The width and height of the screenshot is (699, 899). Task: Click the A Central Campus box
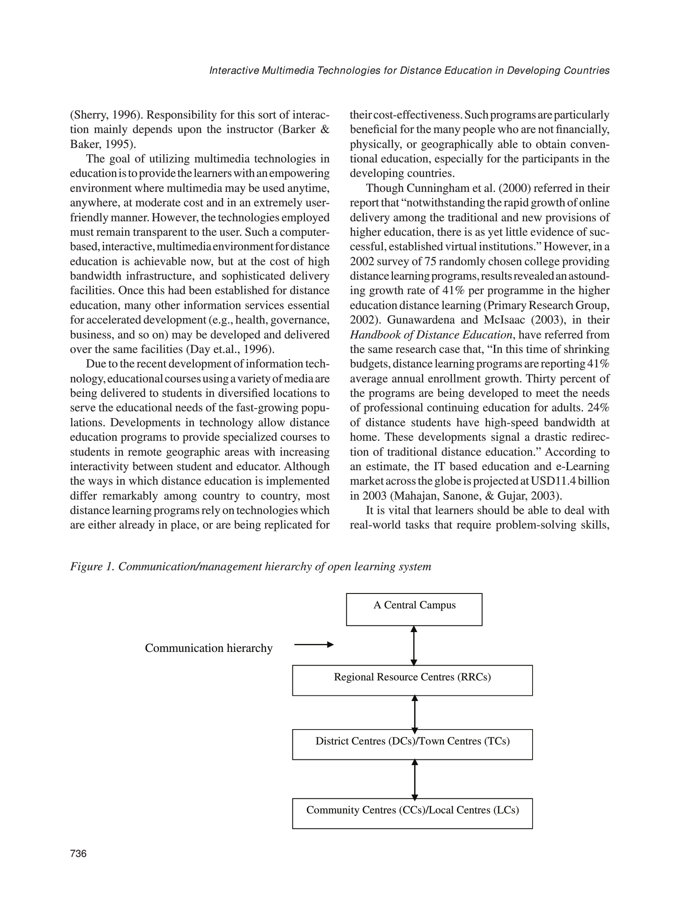(414, 609)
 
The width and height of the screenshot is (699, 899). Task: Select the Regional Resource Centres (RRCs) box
(412, 680)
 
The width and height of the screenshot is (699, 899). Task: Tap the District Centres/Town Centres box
(412, 744)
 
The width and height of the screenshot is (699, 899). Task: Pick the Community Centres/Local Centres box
(412, 813)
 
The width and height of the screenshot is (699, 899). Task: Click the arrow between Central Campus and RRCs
(414, 645)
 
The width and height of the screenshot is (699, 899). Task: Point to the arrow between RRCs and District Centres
(415, 712)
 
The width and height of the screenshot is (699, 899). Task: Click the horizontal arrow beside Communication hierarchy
(313, 644)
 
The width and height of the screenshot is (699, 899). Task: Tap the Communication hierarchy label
(209, 648)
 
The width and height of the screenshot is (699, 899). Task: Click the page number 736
(79, 854)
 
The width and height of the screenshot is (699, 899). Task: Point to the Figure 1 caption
(251, 567)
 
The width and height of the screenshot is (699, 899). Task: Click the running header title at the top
(409, 71)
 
